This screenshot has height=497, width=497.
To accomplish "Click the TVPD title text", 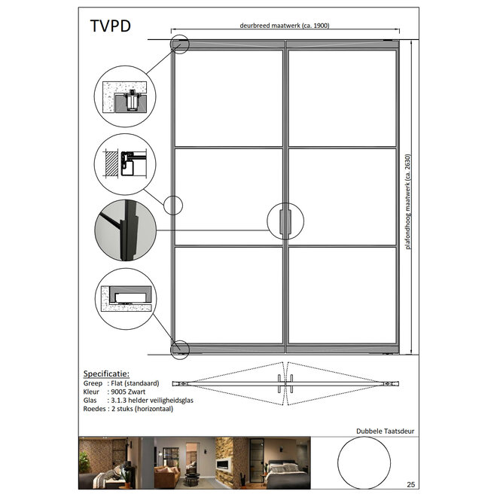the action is coord(110,26).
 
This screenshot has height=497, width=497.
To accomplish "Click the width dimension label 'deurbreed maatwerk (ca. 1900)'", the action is coord(285,26).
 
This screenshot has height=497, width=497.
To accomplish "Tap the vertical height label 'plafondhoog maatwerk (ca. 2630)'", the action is coord(407,202).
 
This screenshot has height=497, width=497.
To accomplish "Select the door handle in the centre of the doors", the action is coord(285,221).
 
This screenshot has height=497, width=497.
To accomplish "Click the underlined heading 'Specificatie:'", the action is coord(106,374).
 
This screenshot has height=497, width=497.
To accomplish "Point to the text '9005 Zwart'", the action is coord(128,392).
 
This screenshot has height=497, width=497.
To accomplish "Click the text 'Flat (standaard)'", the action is coord(135,383).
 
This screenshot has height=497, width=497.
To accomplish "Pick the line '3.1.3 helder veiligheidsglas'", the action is coord(152,401).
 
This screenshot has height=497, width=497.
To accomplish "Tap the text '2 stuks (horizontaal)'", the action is coord(142,409).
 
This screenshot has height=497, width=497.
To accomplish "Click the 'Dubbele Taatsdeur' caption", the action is coord(385,431).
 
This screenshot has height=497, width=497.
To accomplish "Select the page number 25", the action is coord(411,484).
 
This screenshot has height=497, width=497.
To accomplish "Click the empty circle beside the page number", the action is coord(364,437).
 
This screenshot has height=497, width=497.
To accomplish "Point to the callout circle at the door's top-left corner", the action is coord(180,35).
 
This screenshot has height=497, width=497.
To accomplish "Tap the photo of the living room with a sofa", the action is coord(184,463).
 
